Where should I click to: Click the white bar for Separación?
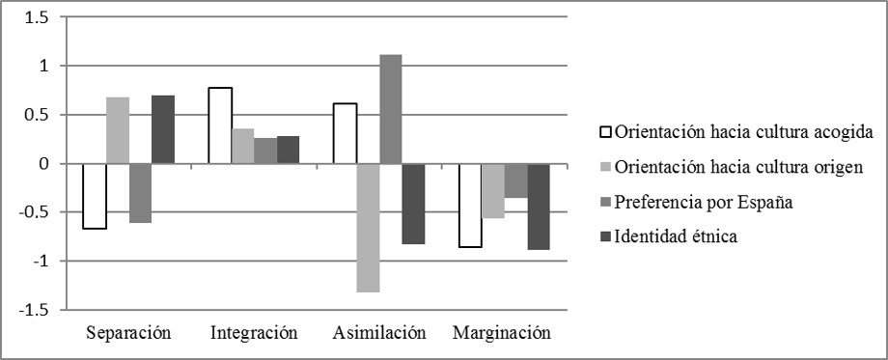(x=95, y=196)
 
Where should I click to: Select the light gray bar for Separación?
(x=118, y=130)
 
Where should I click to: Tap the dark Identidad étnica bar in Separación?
(x=163, y=129)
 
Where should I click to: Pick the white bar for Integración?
(x=219, y=125)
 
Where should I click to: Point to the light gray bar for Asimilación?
(x=368, y=227)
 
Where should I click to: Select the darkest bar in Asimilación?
(x=413, y=204)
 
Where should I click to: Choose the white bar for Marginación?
(x=470, y=206)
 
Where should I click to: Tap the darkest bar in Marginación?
(x=539, y=207)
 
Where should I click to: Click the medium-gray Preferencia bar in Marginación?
(x=515, y=180)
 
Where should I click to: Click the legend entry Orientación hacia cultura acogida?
(x=736, y=132)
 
